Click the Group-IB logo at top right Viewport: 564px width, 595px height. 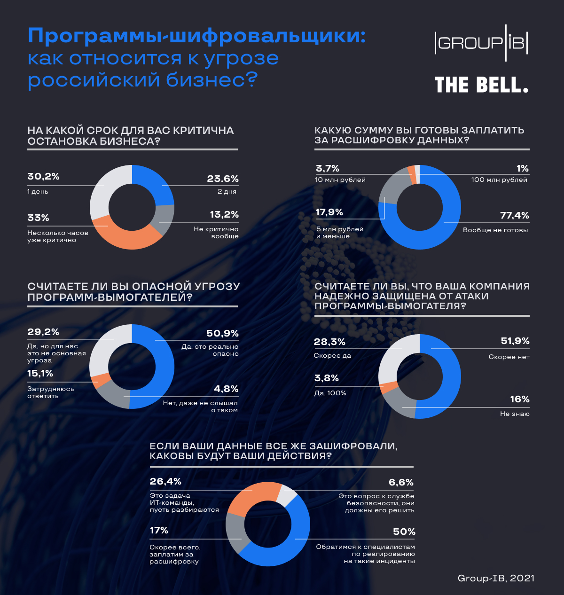tap(481, 43)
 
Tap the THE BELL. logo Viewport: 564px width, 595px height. tap(481, 85)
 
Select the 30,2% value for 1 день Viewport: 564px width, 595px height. tap(43, 177)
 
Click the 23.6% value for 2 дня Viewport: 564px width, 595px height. tap(223, 179)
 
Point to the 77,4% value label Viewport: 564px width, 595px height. tap(514, 216)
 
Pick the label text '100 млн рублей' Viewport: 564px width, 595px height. tap(499, 180)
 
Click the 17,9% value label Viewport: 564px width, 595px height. tap(329, 212)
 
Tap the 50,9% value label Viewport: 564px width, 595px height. tap(222, 334)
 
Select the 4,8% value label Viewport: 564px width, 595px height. tap(226, 389)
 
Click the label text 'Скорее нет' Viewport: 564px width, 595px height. tap(509, 357)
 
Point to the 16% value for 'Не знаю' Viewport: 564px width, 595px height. tap(519, 399)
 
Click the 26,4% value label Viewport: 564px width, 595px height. tap(165, 482)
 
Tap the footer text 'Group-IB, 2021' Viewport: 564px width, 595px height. tap(496, 579)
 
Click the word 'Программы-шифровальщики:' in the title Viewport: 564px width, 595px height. tap(196, 36)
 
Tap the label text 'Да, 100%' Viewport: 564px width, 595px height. tap(330, 393)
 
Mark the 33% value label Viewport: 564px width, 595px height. tap(38, 218)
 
